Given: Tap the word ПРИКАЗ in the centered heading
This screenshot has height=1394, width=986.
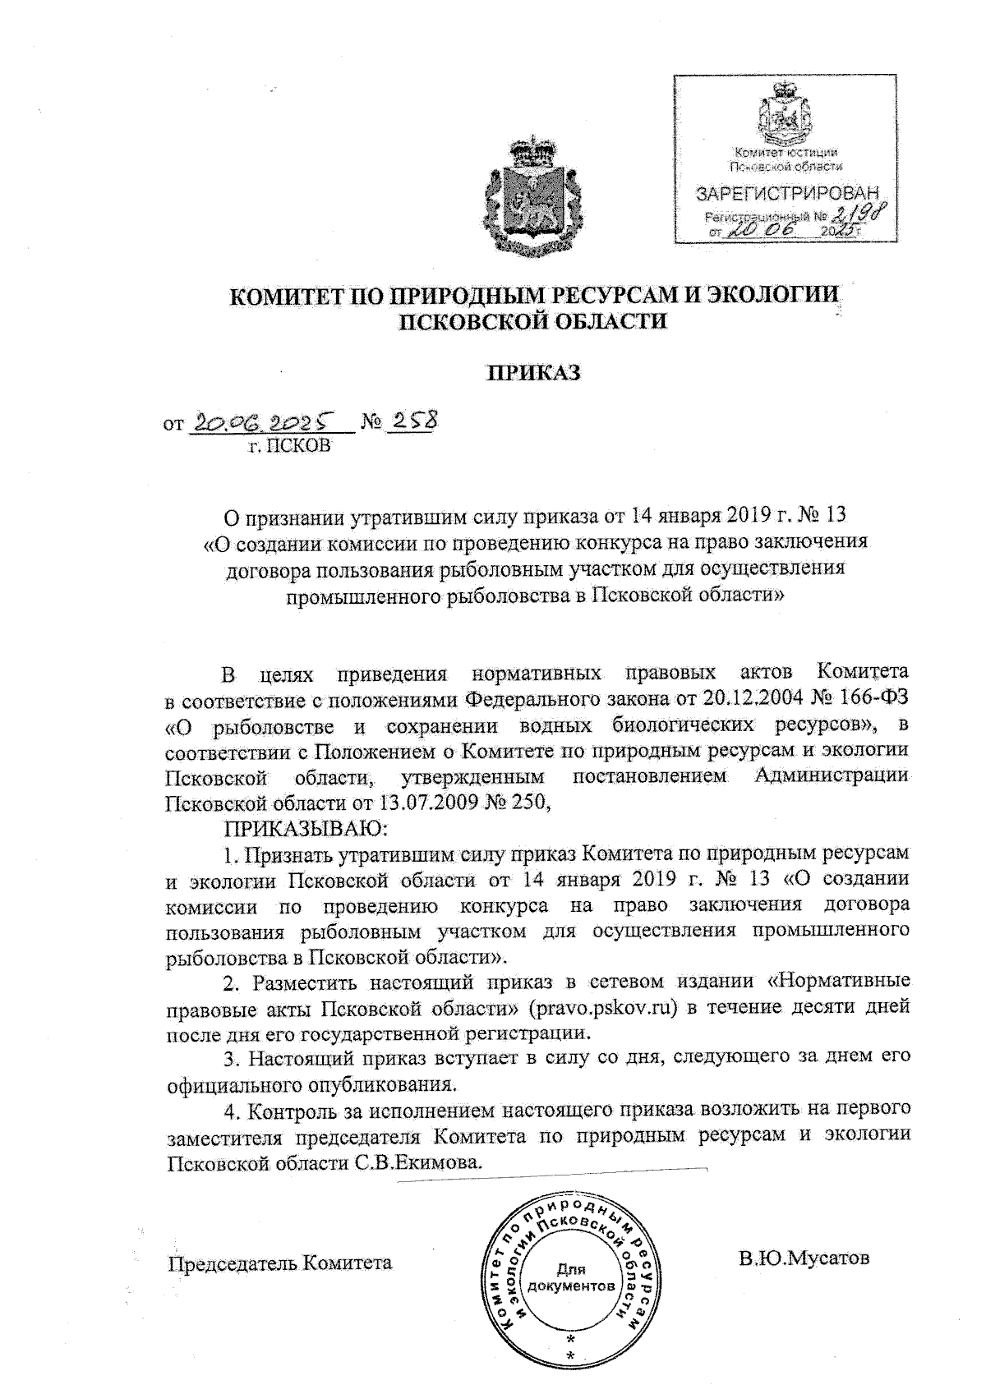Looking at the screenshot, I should point(535,373).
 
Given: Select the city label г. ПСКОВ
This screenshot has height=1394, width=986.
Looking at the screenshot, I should point(291,446).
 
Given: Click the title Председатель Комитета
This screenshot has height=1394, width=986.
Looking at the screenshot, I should point(279,1262).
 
